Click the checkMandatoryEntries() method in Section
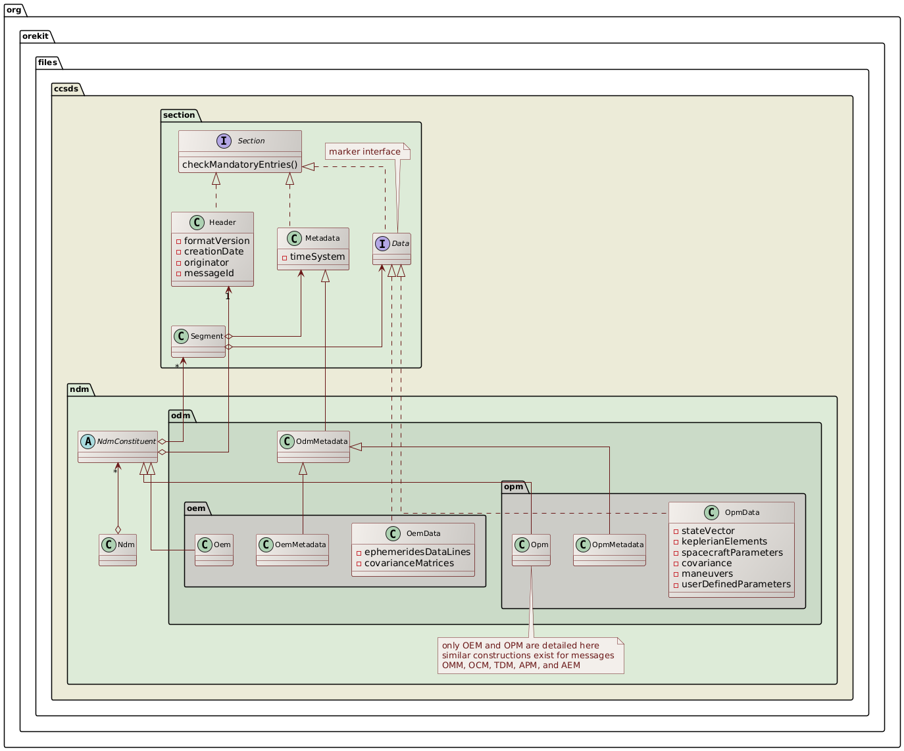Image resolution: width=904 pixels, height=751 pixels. coord(239,164)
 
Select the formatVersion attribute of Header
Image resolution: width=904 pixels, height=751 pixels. coord(216,241)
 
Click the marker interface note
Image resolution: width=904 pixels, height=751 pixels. coord(364,152)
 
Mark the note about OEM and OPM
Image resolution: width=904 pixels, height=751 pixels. coord(530,655)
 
